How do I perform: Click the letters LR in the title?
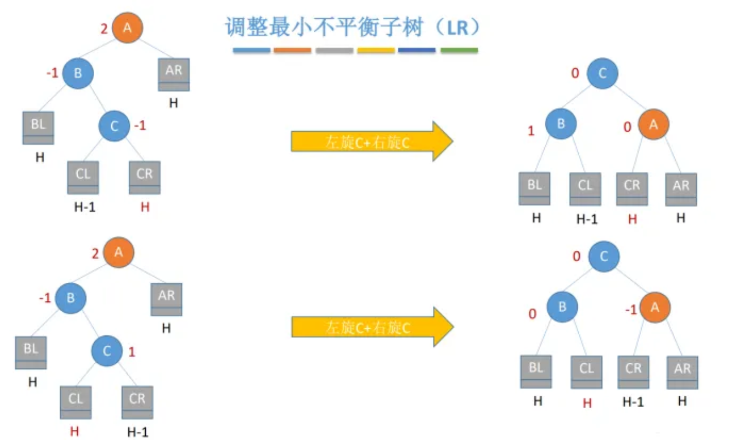tap(458, 27)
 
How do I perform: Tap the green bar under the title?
tap(459, 51)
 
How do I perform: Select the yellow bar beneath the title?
tap(376, 51)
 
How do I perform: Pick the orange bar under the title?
tap(292, 51)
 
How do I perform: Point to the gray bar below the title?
tap(334, 51)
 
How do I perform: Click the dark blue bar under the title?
tap(417, 51)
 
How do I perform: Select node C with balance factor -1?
tap(115, 126)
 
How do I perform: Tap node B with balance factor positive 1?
tap(561, 123)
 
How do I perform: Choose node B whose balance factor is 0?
tap(562, 308)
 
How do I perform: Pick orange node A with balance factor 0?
tap(654, 125)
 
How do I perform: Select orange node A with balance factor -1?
tap(655, 308)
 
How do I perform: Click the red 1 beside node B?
tap(531, 131)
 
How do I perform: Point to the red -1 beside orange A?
tap(630, 310)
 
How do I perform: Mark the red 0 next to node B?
tap(532, 314)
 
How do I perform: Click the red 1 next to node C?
tap(132, 353)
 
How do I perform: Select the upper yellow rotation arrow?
tap(372, 141)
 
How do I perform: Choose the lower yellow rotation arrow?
tap(372, 326)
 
